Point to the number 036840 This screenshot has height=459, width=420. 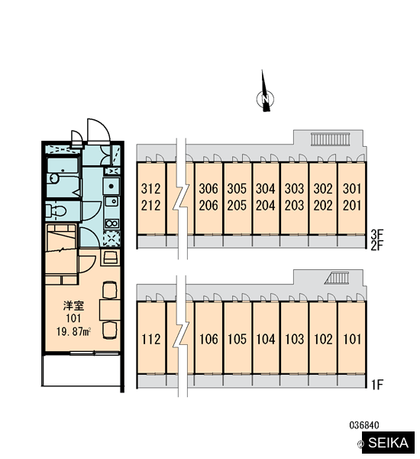pyautogui.click(x=364, y=425)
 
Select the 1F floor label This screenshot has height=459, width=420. pyautogui.click(x=376, y=385)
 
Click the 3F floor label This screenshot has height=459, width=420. pyautogui.click(x=376, y=234)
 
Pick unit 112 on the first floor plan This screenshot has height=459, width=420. pyautogui.click(x=150, y=339)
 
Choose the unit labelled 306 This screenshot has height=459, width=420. pyautogui.click(x=208, y=189)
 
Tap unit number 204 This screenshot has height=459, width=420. pyautogui.click(x=266, y=206)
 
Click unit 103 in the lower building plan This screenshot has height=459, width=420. pyautogui.click(x=294, y=339)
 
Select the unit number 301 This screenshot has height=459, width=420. pyautogui.click(x=352, y=189)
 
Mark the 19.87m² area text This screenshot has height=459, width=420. pyautogui.click(x=73, y=332)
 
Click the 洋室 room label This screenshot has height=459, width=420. pyautogui.click(x=73, y=306)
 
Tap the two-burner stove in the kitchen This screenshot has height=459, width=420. pyautogui.click(x=111, y=223)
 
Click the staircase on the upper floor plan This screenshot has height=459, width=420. pyautogui.click(x=330, y=139)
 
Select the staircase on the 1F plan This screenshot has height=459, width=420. pyautogui.click(x=337, y=278)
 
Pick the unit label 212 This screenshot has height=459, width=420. pyautogui.click(x=150, y=206)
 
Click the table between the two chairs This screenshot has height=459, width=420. pyautogui.click(x=110, y=310)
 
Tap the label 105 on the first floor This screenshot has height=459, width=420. pyautogui.click(x=237, y=339)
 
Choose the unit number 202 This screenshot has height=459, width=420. pyautogui.click(x=323, y=206)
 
